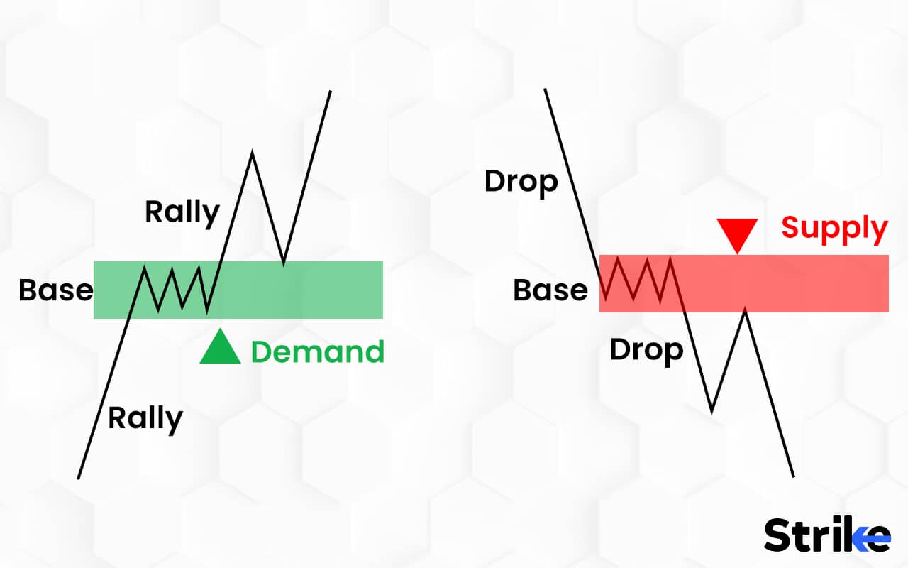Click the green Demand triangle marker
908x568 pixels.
[x=220, y=347]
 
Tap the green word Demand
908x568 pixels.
[x=318, y=351]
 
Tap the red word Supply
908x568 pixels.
[x=835, y=229]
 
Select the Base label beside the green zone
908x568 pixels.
[x=56, y=290]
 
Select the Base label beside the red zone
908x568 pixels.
[x=550, y=290]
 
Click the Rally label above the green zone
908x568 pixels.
[x=182, y=213]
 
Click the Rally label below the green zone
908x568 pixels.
[x=145, y=420]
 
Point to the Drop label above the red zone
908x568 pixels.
[x=521, y=183]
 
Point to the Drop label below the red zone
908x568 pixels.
[x=646, y=351]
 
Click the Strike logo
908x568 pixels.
[x=827, y=535]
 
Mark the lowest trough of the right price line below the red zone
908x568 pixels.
[x=712, y=413]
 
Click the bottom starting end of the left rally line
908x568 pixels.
[x=78, y=479]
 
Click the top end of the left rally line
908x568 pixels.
[x=331, y=92]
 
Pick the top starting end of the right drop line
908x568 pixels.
[x=546, y=89]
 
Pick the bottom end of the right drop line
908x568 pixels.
[x=793, y=476]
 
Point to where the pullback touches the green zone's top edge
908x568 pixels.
[x=283, y=263]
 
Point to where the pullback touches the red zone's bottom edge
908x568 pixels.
[x=745, y=311]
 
